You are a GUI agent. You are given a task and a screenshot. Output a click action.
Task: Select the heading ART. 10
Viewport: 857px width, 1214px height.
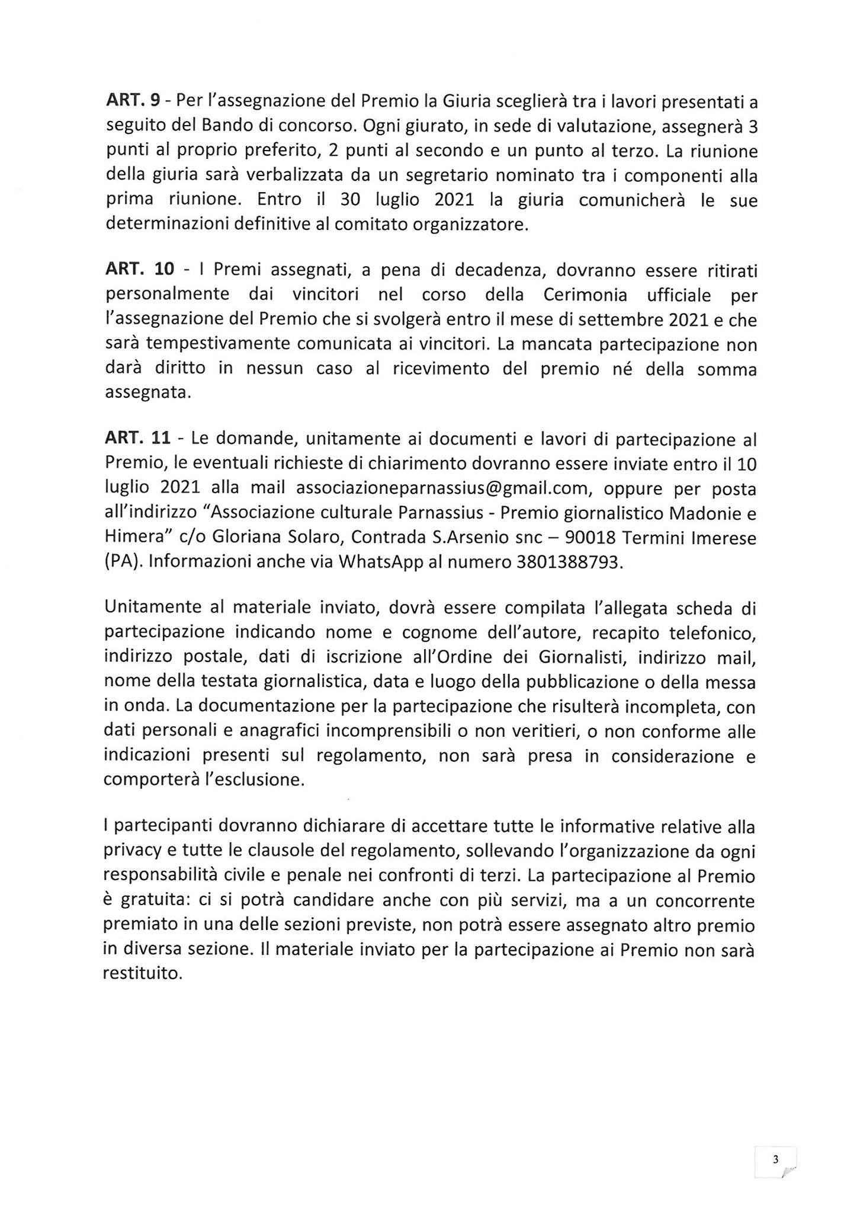pyautogui.click(x=140, y=270)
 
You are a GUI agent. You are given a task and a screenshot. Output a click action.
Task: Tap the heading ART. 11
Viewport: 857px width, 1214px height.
pyautogui.click(x=138, y=439)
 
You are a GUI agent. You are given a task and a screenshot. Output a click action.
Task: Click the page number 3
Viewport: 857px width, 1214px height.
pyautogui.click(x=775, y=1159)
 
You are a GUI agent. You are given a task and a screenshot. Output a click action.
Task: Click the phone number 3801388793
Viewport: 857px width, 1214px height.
pyautogui.click(x=567, y=562)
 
